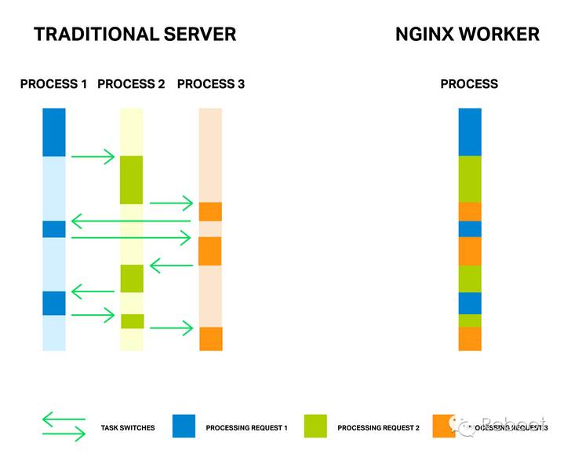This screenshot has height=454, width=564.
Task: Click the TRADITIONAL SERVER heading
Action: [x=135, y=34]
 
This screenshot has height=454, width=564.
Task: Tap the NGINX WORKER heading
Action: [x=468, y=34]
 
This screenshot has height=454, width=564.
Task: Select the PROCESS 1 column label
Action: [x=53, y=84]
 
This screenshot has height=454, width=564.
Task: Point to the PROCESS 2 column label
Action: [x=131, y=84]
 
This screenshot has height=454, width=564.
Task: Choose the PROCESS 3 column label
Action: [x=211, y=84]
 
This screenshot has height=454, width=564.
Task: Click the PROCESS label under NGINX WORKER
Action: [x=469, y=84]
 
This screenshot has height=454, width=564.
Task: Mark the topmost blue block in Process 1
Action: [x=54, y=132]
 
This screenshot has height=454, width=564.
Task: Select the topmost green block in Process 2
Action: [x=131, y=179]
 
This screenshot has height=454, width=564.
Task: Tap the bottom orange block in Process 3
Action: [x=211, y=339]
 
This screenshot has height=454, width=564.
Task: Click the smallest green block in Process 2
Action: [x=132, y=320]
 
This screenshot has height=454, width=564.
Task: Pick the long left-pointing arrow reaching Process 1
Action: [x=131, y=222]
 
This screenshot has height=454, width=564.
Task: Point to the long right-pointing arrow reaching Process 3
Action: [x=131, y=236]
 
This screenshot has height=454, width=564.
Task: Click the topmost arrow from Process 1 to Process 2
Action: [x=93, y=157]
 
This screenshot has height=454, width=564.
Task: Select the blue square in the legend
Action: [x=183, y=424]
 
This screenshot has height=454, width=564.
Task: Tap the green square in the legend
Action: [x=315, y=424]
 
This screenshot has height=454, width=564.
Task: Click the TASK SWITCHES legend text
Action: [x=128, y=428]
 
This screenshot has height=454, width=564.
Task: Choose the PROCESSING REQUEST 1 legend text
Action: [x=247, y=428]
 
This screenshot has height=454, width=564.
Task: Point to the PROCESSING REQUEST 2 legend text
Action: [x=379, y=428]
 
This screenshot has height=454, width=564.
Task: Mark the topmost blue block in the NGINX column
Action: [x=469, y=132]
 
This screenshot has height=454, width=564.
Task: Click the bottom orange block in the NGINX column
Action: [x=469, y=339]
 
